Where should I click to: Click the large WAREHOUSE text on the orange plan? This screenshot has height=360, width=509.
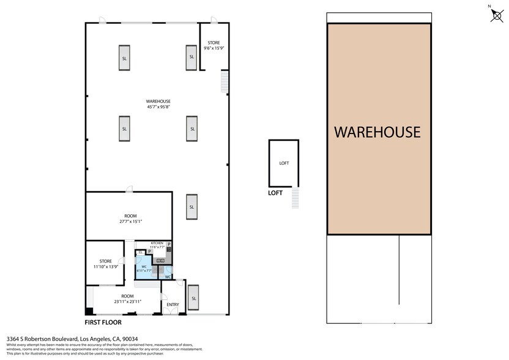pyautogui.click(x=377, y=132)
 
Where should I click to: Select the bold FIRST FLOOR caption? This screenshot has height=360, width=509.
pyautogui.click(x=103, y=322)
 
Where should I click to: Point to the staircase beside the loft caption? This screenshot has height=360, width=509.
pyautogui.click(x=297, y=198)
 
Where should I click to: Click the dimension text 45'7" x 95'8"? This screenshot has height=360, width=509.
pyautogui.click(x=158, y=107)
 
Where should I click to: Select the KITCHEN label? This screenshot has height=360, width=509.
pyautogui.click(x=157, y=243)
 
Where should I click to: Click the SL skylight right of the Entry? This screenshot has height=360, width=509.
pyautogui.click(x=194, y=298)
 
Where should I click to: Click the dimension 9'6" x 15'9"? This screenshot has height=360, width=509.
pyautogui.click(x=214, y=48)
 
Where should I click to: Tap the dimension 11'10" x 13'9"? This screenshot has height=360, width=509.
pyautogui.click(x=105, y=267)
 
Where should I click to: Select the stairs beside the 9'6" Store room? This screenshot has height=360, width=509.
pyautogui.click(x=225, y=81)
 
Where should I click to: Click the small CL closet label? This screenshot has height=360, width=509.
pyautogui.click(x=141, y=252)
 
